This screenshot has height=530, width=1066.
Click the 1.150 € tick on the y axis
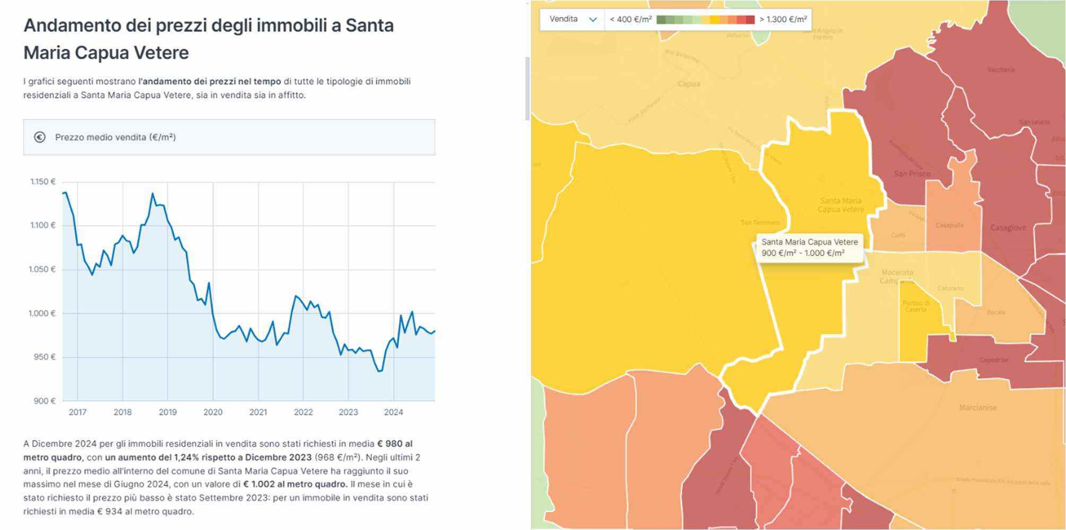pyautogui.click(x=42, y=181)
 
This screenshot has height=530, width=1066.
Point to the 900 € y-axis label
pyautogui.click(x=44, y=401)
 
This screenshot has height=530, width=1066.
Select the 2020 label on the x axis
pyautogui.click(x=213, y=412)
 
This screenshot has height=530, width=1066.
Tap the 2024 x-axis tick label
pyautogui.click(x=393, y=412)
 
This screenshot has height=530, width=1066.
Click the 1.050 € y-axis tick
pyautogui.click(x=42, y=270)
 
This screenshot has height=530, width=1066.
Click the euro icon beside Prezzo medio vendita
pyautogui.click(x=40, y=137)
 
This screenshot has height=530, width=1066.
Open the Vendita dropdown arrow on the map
pyautogui.click(x=593, y=20)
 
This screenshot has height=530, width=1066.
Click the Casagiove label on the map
pyautogui.click(x=1008, y=228)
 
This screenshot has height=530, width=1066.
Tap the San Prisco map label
pyautogui.click(x=912, y=173)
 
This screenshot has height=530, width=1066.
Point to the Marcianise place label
pyautogui.click(x=977, y=407)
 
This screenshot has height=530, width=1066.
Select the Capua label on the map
pyautogui.click(x=689, y=84)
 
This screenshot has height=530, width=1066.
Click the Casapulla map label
pyautogui.click(x=949, y=225)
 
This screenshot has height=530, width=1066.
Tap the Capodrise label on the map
pyautogui.click(x=993, y=360)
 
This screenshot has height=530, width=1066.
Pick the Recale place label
pyautogui.click(x=996, y=312)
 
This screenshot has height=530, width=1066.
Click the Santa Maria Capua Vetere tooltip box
pyautogui.click(x=809, y=247)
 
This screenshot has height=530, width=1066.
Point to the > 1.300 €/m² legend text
pyautogui.click(x=783, y=20)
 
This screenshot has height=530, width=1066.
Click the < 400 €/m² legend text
pyautogui.click(x=630, y=20)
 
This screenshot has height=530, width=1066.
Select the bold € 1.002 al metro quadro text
pyautogui.click(x=295, y=484)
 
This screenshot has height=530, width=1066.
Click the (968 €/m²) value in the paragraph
pyautogui.click(x=337, y=457)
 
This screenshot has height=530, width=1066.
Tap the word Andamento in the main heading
pyautogui.click(x=72, y=25)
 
